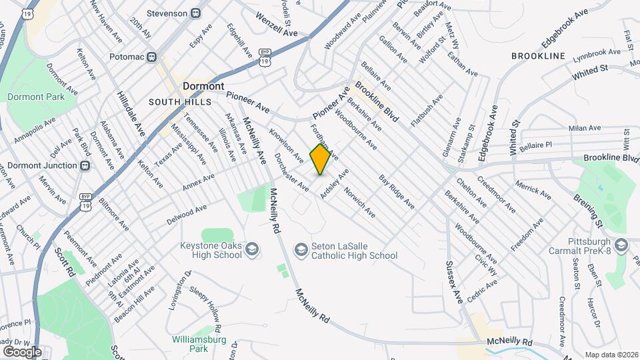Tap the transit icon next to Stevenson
click(x=195, y=13)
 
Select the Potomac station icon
click(x=152, y=57)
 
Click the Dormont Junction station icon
click(x=85, y=166)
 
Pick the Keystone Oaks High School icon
click(x=251, y=250)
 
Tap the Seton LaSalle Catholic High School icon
click(x=301, y=249)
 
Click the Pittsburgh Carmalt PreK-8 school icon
click(x=621, y=246)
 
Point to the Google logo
click(x=22, y=351)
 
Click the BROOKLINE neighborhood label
click(x=538, y=56)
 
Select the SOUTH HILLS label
click(x=179, y=102)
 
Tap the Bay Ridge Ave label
click(x=397, y=192)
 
